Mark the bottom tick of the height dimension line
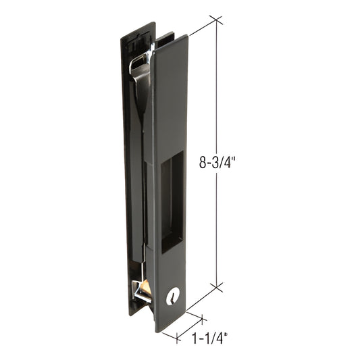point(217,286)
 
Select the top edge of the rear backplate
point(138,29)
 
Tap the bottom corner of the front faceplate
point(160,330)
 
